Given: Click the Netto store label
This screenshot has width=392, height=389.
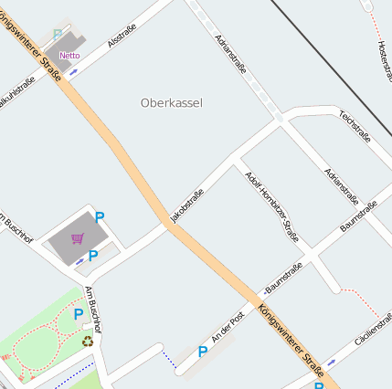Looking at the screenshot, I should [69, 56].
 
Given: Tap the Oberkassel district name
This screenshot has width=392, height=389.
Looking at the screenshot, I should [171, 103].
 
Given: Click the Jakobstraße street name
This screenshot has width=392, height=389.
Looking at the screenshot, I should [186, 205].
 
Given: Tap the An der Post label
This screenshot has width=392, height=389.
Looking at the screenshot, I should [228, 326].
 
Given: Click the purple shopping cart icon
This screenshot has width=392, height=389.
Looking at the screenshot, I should [78, 239].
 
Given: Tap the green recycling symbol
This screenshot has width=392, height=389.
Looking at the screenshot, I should [88, 341].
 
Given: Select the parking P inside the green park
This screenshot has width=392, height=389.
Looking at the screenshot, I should [79, 314].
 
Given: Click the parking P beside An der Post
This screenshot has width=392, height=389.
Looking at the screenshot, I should [203, 352].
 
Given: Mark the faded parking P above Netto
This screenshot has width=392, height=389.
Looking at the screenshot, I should [57, 35].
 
